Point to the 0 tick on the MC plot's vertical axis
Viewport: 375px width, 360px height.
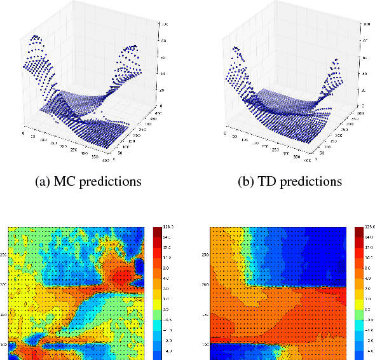click(163, 106)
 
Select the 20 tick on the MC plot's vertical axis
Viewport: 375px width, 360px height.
click(164, 90)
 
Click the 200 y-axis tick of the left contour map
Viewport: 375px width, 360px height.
click(4, 285)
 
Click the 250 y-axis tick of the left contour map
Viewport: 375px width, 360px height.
click(4, 254)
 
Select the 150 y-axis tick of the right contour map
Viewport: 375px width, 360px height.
click(205, 315)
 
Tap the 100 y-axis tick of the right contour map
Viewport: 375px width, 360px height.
click(205, 344)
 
